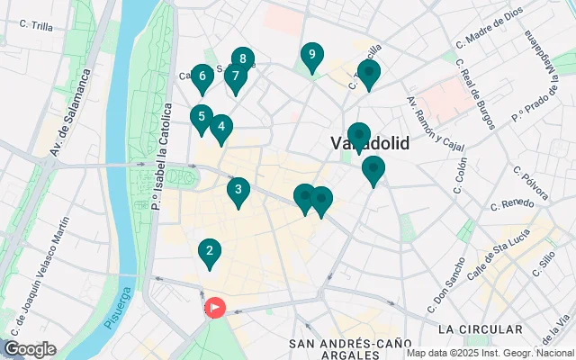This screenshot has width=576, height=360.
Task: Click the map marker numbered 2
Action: click(209, 253)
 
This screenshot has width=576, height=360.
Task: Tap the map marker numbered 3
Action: click(238, 190)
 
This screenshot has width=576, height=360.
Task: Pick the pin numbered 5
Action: click(201, 117)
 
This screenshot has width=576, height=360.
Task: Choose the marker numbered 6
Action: click(202, 76)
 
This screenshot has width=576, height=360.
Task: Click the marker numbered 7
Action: click(235, 76)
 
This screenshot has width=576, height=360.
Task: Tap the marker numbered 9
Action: click(311, 56)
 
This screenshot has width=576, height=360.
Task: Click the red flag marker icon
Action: click(215, 308)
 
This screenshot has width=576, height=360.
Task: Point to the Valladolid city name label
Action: click(369, 144)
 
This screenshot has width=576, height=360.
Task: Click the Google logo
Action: click(30, 349)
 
